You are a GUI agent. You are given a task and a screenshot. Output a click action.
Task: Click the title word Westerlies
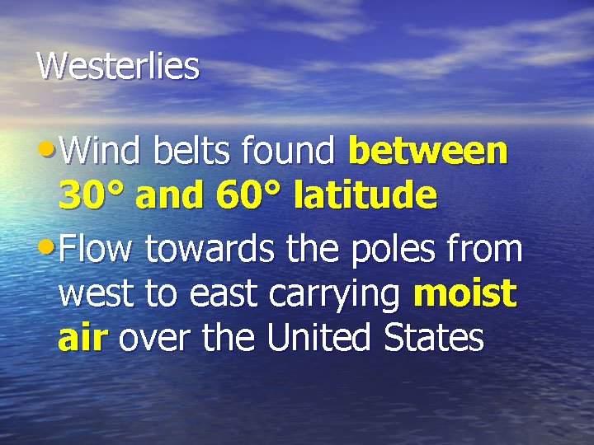pyautogui.click(x=118, y=66)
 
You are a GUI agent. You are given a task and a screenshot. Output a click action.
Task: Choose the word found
pyautogui.click(x=289, y=151)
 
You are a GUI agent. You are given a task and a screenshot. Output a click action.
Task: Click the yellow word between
pyautogui.click(x=429, y=151)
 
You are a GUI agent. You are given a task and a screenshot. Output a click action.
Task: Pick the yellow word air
pyautogui.click(x=82, y=339)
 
